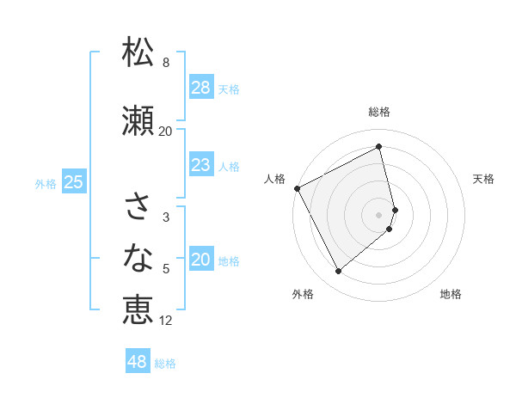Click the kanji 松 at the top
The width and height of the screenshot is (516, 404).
click(x=138, y=52)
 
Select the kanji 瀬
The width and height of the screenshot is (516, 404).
click(x=138, y=121)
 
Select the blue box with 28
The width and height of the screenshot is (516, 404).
click(x=200, y=88)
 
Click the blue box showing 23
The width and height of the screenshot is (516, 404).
click(x=200, y=165)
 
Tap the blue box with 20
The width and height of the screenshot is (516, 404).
click(x=200, y=260)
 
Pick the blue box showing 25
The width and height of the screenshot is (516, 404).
click(x=73, y=182)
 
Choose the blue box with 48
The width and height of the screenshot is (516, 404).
click(x=138, y=362)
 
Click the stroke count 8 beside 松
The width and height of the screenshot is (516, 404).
click(x=166, y=63)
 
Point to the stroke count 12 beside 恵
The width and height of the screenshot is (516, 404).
click(x=166, y=321)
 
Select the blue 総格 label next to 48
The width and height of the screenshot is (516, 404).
click(x=165, y=364)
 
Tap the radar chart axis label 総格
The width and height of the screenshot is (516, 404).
click(x=379, y=112)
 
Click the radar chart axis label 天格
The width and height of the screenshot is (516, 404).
click(x=484, y=179)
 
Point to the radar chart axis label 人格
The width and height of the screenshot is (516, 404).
click(x=274, y=179)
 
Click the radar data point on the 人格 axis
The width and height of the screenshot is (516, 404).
click(x=298, y=188)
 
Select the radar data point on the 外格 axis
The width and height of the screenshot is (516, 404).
click(x=338, y=272)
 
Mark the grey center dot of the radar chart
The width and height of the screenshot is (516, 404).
click(x=379, y=215)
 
